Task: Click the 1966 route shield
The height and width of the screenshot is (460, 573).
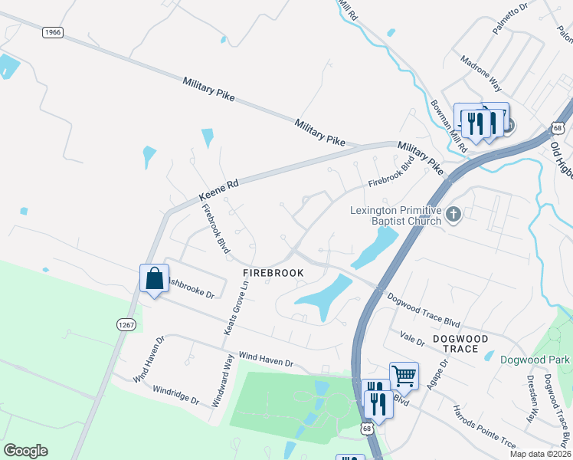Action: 52,32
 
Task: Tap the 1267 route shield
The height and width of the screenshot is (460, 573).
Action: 126,325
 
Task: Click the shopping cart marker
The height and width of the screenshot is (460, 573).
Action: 404,376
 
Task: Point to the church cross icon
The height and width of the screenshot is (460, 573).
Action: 453,215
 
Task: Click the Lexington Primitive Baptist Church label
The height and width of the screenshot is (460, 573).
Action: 396,215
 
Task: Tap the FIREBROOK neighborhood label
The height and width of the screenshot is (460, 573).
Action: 273,273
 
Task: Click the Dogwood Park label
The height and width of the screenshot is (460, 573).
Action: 535,359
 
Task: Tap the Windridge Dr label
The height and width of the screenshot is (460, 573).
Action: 175,395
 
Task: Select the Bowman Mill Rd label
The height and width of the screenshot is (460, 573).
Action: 448,125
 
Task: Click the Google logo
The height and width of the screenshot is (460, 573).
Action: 25,451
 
